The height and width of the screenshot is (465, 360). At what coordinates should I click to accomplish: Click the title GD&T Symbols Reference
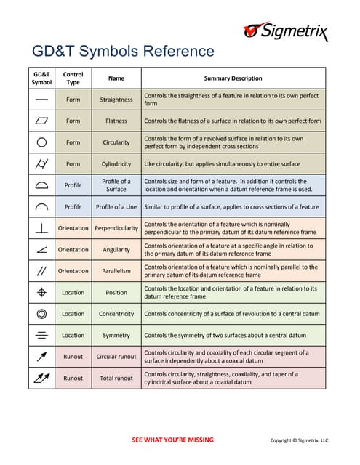click(123, 52)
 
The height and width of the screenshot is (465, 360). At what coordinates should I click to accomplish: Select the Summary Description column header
click(233, 78)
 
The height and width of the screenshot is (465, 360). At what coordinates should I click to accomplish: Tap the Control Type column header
click(73, 78)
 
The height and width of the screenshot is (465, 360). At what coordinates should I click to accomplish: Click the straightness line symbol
click(41, 100)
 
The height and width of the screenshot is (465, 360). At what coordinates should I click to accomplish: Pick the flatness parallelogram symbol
click(41, 121)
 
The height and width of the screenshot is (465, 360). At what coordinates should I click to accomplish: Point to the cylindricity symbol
click(41, 164)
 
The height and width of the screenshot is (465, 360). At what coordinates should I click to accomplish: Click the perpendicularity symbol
click(41, 228)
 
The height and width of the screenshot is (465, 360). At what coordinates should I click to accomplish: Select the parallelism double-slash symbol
click(41, 271)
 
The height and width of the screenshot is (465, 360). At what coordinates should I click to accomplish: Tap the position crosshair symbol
click(41, 292)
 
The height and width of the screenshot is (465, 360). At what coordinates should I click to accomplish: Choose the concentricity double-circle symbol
click(41, 314)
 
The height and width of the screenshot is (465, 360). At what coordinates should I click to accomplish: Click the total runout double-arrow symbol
click(41, 378)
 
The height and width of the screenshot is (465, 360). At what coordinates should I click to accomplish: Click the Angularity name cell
click(116, 250)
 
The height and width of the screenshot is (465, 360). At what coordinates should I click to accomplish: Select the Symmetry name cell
click(116, 336)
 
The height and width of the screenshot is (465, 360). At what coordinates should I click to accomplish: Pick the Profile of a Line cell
click(116, 207)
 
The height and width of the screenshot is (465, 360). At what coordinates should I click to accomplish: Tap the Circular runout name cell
click(116, 357)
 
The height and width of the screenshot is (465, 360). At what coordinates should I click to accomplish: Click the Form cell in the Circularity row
click(73, 142)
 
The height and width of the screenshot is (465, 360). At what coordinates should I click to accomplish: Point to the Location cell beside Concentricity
click(73, 314)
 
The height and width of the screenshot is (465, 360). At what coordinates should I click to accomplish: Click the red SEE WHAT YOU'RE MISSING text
click(172, 440)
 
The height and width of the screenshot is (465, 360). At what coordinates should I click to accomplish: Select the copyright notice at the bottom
click(300, 440)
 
